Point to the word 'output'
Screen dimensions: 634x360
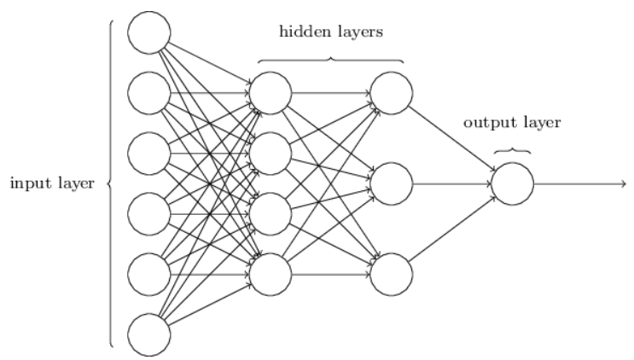coord(488,123)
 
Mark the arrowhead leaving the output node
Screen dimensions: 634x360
coord(624,183)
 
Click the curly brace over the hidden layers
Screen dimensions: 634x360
coord(331,59)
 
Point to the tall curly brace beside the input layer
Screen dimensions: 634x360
coord(110,183)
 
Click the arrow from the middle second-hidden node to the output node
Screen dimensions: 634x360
coord(452,183)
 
